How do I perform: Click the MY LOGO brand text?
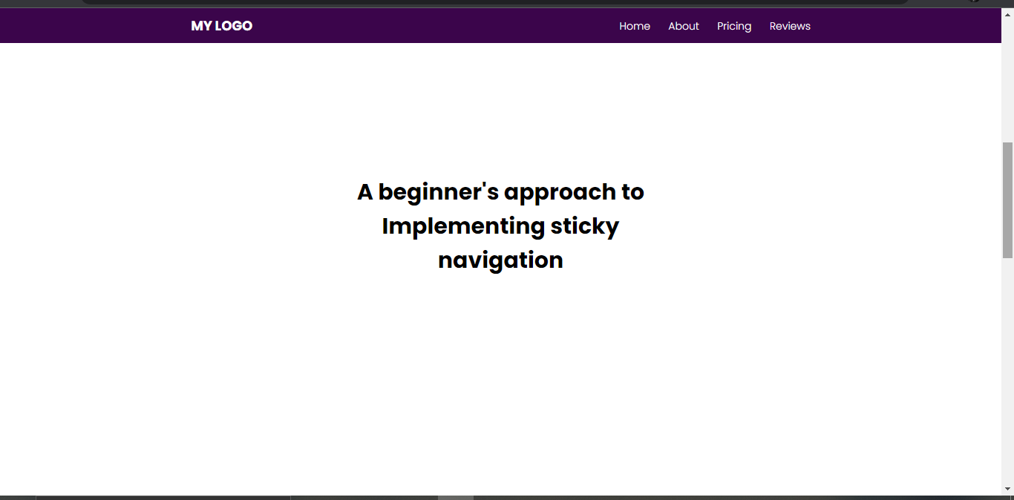pyautogui.click(x=221, y=26)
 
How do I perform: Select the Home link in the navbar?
pyautogui.click(x=635, y=26)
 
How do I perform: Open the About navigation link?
pyautogui.click(x=684, y=26)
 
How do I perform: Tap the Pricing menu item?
pyautogui.click(x=734, y=27)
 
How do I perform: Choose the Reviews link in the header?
pyautogui.click(x=790, y=26)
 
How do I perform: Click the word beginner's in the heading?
pyautogui.click(x=438, y=193)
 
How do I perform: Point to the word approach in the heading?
pyautogui.click(x=560, y=193)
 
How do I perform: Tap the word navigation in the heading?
pyautogui.click(x=500, y=260)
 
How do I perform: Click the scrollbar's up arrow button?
pyautogui.click(x=1007, y=15)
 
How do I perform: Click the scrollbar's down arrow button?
pyautogui.click(x=1007, y=489)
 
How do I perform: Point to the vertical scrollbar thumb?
pyautogui.click(x=1007, y=200)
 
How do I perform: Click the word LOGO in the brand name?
pyautogui.click(x=234, y=26)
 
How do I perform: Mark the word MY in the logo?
pyautogui.click(x=201, y=26)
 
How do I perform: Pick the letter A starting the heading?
pyautogui.click(x=365, y=192)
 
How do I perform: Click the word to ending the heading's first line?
pyautogui.click(x=633, y=192)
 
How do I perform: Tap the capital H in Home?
pyautogui.click(x=624, y=26)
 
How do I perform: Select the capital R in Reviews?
pyautogui.click(x=773, y=26)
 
